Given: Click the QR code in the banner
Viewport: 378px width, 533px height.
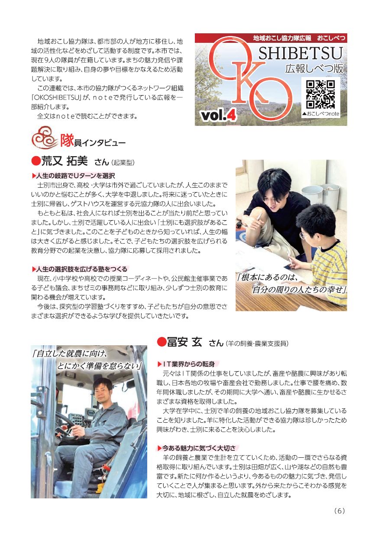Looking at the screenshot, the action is [320, 94].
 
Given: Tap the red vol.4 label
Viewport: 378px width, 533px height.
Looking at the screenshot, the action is [219, 116].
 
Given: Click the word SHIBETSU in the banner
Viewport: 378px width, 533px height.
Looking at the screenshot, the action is [300, 53].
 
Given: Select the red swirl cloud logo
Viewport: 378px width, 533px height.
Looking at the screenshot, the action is [45, 138].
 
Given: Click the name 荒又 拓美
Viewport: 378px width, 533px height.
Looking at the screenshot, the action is [65, 161].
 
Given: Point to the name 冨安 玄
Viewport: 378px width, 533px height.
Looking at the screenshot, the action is [184, 342].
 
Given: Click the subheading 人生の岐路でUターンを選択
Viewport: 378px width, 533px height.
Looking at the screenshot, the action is [75, 176].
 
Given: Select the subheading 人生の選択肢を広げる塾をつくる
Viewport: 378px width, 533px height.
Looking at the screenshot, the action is [82, 269].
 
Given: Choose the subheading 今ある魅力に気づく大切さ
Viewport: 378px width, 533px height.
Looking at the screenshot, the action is [199, 448].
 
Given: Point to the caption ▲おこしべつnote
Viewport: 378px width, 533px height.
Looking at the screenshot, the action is [320, 114].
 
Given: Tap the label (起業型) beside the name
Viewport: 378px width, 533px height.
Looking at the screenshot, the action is [123, 163].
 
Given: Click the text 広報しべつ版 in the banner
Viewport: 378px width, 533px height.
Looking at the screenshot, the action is [314, 69].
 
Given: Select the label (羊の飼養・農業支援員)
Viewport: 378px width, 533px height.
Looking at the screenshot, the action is [256, 344].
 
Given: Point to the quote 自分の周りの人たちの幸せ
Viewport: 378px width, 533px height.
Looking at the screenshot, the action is [299, 290].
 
